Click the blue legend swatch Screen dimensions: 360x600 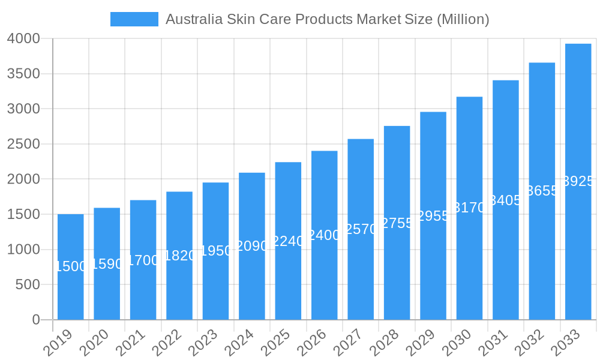pos(134,19)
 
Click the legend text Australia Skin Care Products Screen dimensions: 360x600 pos(327,19)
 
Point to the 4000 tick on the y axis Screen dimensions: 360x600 pos(23,39)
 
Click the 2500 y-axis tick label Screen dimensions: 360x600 pos(23,144)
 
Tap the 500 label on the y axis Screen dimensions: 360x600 pos(27,284)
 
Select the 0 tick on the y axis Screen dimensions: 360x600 pos(36,320)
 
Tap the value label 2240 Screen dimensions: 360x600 pos(288,241)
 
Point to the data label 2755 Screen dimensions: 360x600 pos(397,223)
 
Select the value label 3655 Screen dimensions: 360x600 pos(542,191)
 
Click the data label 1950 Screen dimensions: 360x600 pos(215,251)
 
